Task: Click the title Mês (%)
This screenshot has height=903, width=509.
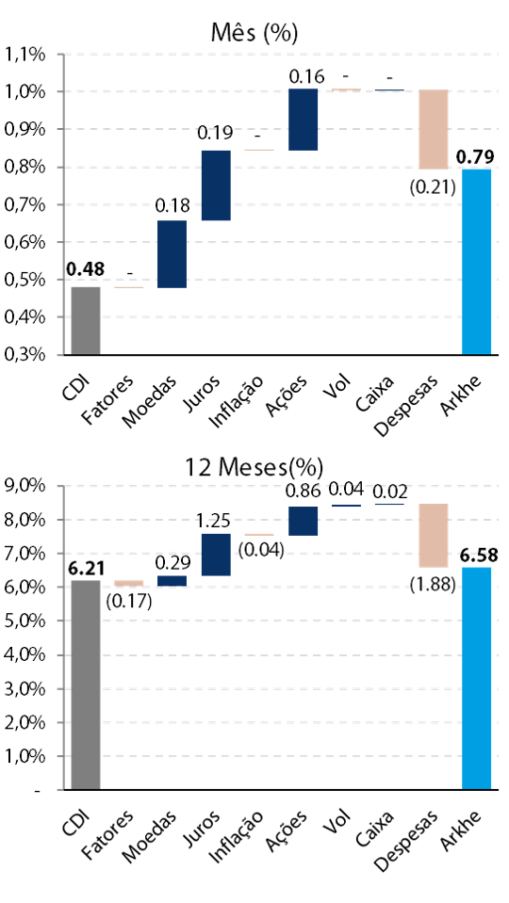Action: (x=254, y=33)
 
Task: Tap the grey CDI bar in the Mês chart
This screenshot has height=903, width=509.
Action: (x=86, y=320)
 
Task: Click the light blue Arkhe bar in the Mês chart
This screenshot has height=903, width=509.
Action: (x=477, y=262)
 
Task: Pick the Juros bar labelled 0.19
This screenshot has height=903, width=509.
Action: (x=216, y=185)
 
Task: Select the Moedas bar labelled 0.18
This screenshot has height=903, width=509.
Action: (x=172, y=254)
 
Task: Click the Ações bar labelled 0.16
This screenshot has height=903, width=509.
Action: (x=304, y=120)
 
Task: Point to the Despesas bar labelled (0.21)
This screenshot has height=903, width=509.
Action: (x=434, y=129)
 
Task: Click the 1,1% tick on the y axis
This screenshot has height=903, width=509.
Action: (x=25, y=55)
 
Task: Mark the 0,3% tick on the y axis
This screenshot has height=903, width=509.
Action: (x=25, y=354)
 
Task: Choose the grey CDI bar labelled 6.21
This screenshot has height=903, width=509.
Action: (x=86, y=685)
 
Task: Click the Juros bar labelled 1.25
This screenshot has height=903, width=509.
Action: (x=216, y=555)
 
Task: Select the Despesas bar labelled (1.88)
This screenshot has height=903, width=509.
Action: (x=434, y=536)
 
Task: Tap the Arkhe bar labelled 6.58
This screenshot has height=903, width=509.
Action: (x=477, y=678)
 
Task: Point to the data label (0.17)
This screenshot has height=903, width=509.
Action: (x=129, y=602)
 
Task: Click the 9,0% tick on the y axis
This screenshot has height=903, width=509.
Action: (x=25, y=486)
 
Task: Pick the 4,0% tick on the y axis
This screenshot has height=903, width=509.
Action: (x=25, y=654)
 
